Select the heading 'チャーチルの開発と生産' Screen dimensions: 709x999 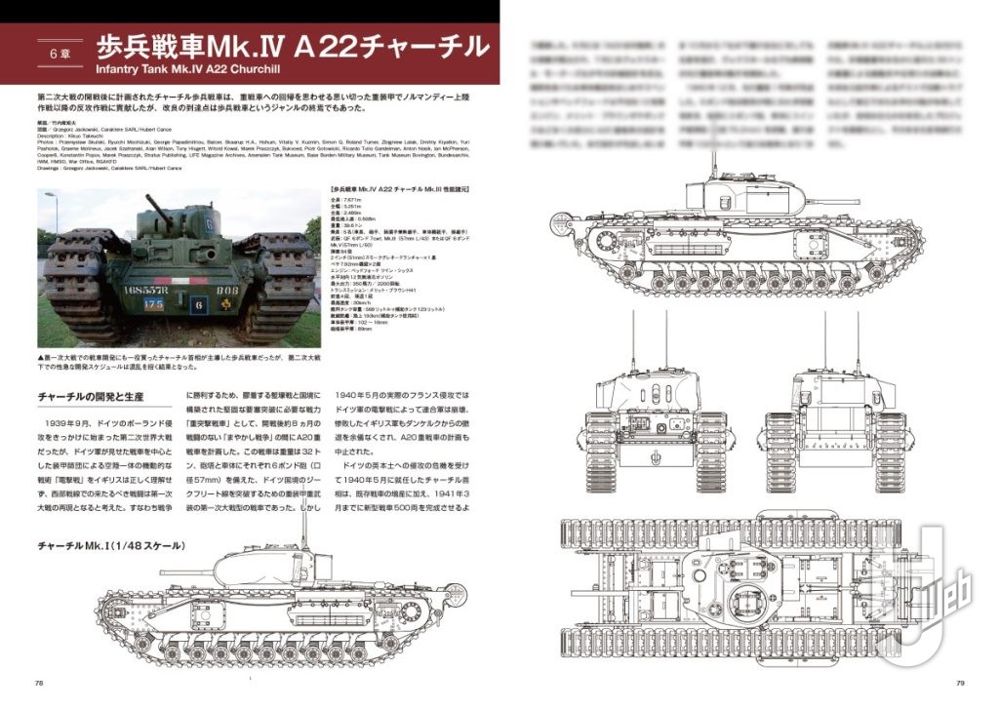(92, 400)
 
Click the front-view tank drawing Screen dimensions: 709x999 (653, 419)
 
